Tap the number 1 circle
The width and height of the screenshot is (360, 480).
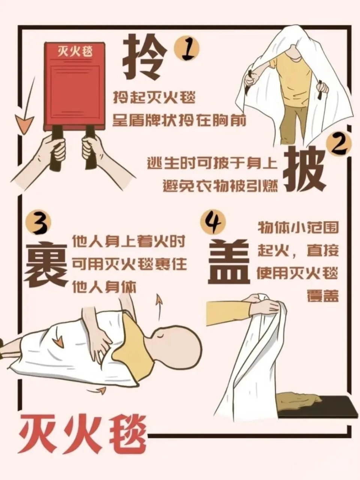point(186,51)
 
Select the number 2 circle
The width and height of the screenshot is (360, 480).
point(339,146)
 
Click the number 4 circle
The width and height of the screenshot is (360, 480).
point(213,224)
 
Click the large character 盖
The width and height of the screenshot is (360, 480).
point(229,262)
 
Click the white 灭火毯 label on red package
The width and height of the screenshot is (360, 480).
point(75,51)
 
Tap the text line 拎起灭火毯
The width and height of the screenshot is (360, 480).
point(154,99)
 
